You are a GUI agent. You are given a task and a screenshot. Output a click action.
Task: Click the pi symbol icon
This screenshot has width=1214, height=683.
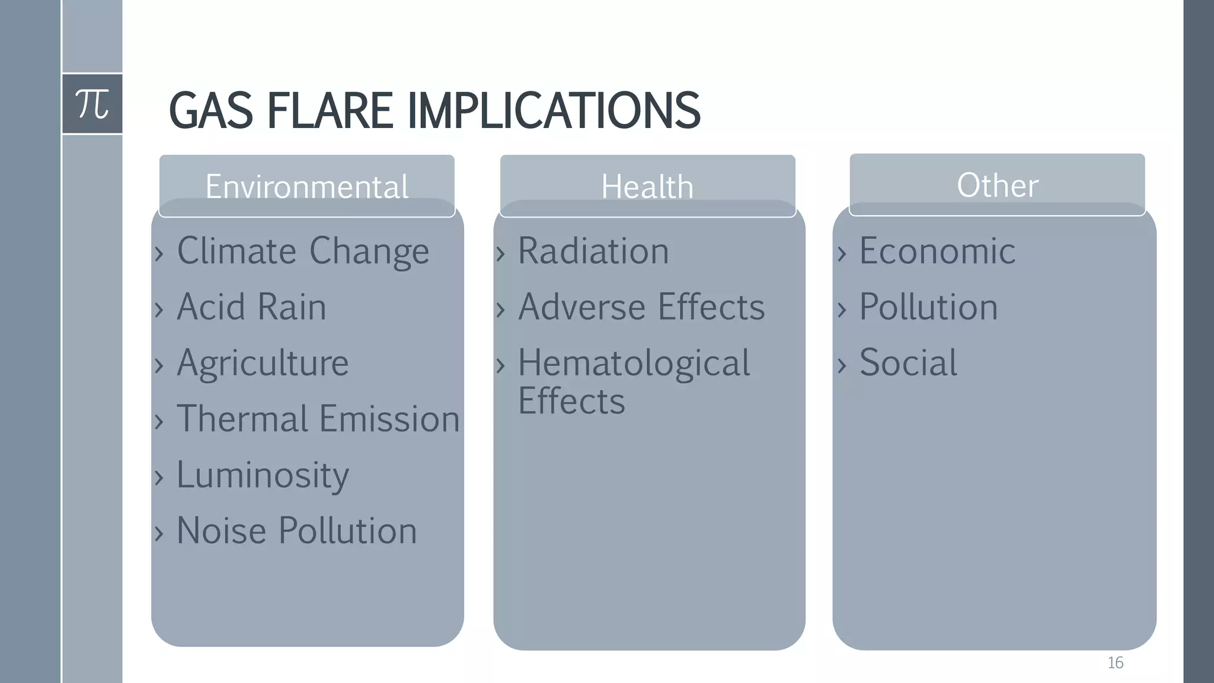[92, 104]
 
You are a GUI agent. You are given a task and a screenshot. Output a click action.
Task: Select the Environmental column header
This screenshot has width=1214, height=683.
[306, 186]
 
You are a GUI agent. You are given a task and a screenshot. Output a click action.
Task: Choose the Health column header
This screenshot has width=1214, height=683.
[647, 186]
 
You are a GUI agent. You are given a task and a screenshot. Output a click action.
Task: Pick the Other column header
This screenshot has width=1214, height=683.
[997, 185]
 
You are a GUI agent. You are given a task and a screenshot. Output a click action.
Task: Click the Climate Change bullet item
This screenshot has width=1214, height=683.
[302, 251]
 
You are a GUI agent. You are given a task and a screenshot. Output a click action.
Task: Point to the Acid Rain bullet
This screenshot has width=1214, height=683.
[251, 307]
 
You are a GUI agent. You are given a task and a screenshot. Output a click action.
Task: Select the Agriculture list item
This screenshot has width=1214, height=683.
[263, 363]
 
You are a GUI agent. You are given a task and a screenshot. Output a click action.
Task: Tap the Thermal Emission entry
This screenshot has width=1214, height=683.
[318, 419]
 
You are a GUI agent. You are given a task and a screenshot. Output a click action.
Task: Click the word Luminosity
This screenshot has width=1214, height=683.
[263, 475]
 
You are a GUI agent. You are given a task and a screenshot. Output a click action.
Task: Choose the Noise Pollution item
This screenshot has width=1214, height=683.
[296, 531]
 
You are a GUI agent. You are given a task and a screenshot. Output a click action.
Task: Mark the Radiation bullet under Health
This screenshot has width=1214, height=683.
[593, 251]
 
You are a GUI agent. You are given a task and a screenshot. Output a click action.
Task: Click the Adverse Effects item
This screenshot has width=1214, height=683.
[641, 307]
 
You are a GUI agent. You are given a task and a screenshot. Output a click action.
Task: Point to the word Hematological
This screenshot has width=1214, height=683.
[634, 363]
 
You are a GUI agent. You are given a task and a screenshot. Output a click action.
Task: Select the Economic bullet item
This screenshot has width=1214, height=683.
[937, 251]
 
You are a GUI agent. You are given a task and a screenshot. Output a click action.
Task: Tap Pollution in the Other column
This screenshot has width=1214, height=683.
[928, 307]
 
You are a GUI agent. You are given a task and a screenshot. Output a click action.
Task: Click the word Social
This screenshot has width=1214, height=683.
[908, 363]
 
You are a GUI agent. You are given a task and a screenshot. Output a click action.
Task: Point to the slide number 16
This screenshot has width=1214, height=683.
[1115, 663]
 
